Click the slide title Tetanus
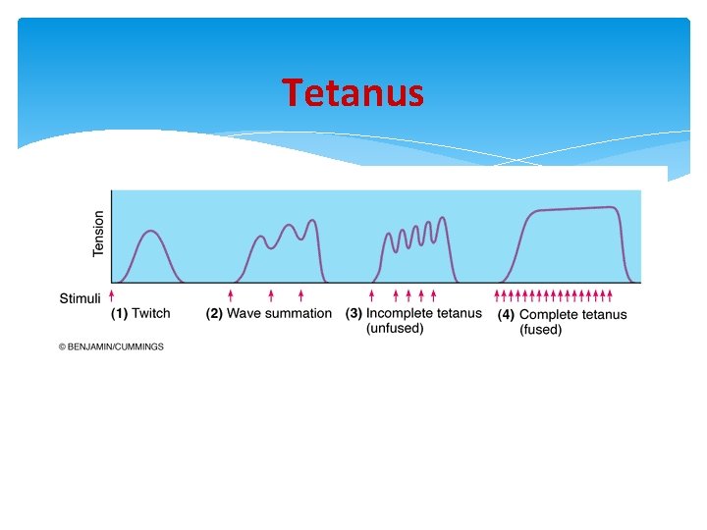click(x=353, y=93)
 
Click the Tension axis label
click(x=98, y=235)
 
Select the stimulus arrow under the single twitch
click(x=112, y=294)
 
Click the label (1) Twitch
click(x=139, y=314)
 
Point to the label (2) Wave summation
click(x=268, y=314)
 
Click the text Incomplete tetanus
click(x=424, y=314)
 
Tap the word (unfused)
click(x=395, y=329)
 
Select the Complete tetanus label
click(x=572, y=315)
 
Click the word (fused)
click(x=541, y=331)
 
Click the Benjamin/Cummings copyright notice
click(x=111, y=346)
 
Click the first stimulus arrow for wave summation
click(x=231, y=294)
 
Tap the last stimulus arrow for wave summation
click(x=300, y=294)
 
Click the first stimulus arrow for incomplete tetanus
click(x=371, y=294)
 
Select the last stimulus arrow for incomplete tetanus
click(x=433, y=294)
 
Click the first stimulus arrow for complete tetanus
click(x=497, y=294)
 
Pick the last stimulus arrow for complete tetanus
click(x=610, y=294)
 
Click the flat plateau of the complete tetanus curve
click(x=574, y=209)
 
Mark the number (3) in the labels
click(x=353, y=314)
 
